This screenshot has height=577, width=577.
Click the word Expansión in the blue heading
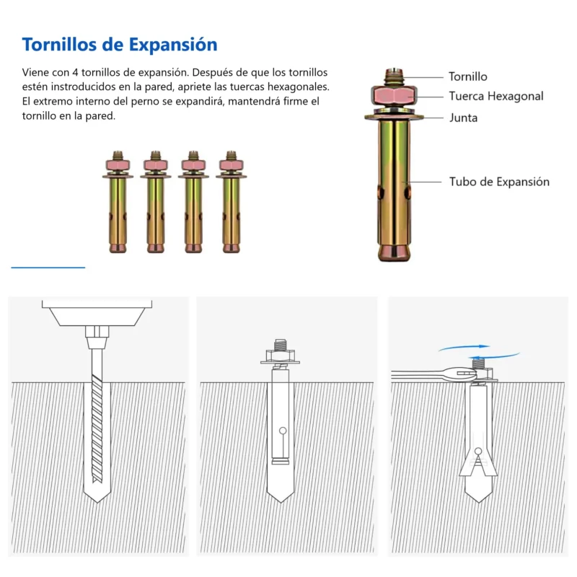click(173, 45)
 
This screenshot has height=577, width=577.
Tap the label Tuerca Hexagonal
click(496, 97)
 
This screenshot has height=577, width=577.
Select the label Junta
click(463, 118)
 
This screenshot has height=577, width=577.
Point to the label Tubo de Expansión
click(499, 182)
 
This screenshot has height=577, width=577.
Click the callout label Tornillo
click(467, 76)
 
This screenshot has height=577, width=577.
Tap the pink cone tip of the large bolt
click(394, 252)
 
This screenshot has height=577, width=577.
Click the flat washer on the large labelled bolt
click(394, 117)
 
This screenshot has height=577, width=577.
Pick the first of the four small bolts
click(118, 202)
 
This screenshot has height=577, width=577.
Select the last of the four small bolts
click(231, 202)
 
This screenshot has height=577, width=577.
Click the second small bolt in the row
click(156, 202)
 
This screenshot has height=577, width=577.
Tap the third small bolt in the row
click(193, 202)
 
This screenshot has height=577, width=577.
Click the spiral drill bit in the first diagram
click(97, 416)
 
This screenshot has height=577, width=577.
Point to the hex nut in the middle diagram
click(280, 356)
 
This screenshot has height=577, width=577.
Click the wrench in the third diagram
click(434, 375)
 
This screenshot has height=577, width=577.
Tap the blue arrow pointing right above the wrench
click(464, 348)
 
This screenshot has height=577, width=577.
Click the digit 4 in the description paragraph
click(75, 73)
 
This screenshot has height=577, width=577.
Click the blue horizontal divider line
click(48, 268)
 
